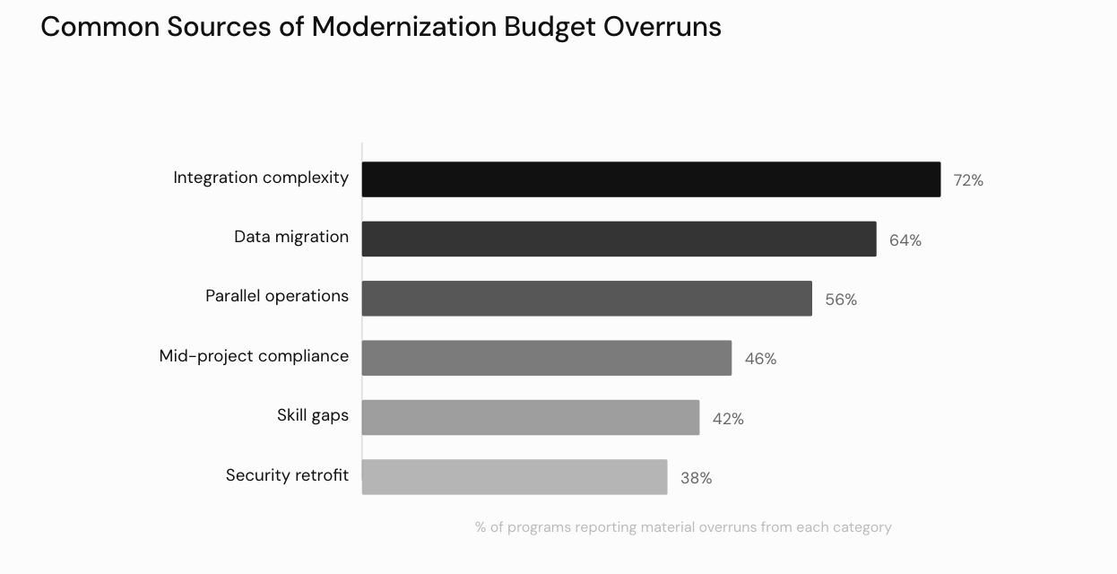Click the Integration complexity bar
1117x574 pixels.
[651, 179]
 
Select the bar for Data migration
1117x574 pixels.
[619, 239]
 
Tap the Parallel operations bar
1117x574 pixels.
[586, 299]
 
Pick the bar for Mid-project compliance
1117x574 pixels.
[547, 358]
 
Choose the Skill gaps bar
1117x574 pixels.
[531, 418]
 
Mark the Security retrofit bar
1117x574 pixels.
[515, 477]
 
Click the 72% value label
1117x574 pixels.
[968, 180]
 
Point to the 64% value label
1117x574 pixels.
[905, 240]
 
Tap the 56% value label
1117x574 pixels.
[841, 300]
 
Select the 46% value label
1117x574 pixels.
[760, 359]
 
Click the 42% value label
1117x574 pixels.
[728, 419]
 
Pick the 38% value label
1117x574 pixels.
[696, 478]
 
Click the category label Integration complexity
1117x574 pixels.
[261, 178]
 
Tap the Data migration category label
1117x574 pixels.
[291, 237]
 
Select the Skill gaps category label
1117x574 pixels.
[312, 415]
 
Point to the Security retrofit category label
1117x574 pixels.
[287, 475]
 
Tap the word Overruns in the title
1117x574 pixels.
[662, 27]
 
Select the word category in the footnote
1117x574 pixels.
[860, 527]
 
